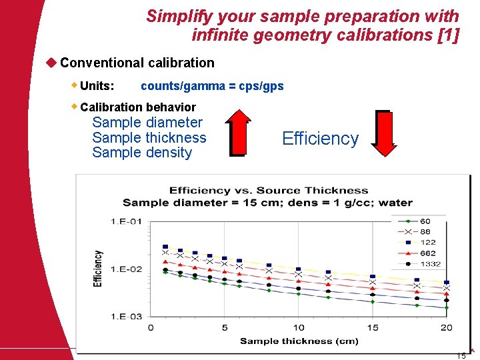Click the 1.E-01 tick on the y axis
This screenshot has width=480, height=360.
coord(126,221)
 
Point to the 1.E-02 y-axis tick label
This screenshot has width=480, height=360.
coord(126,269)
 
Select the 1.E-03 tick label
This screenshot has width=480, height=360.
coord(126,316)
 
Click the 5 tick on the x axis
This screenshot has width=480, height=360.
coord(225,327)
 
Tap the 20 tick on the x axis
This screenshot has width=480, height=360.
coord(447,327)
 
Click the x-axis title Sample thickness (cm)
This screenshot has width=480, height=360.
coord(299,341)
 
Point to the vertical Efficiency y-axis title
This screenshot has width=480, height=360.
coord(99,268)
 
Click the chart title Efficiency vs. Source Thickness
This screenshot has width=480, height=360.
coord(268,191)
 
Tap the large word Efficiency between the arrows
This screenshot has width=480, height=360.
coord(320,139)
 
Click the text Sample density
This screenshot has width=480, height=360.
coord(142,153)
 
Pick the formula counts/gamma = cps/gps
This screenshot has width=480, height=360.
coord(212,86)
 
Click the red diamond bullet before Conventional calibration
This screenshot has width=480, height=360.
coord(50,63)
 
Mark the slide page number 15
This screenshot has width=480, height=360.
coord(461,355)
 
